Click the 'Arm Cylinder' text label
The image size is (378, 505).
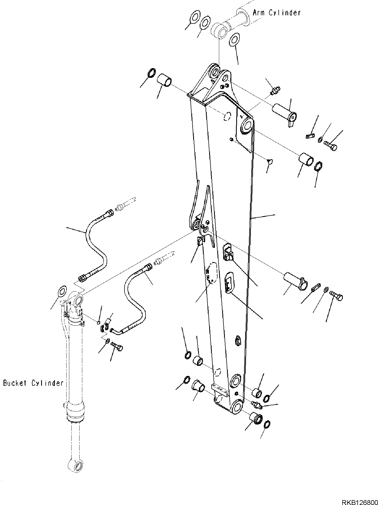276,12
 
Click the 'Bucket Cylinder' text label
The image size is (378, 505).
33,383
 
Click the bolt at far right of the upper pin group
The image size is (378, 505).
331,146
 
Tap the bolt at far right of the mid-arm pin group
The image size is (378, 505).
337,297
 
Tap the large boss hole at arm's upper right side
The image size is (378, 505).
247,125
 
